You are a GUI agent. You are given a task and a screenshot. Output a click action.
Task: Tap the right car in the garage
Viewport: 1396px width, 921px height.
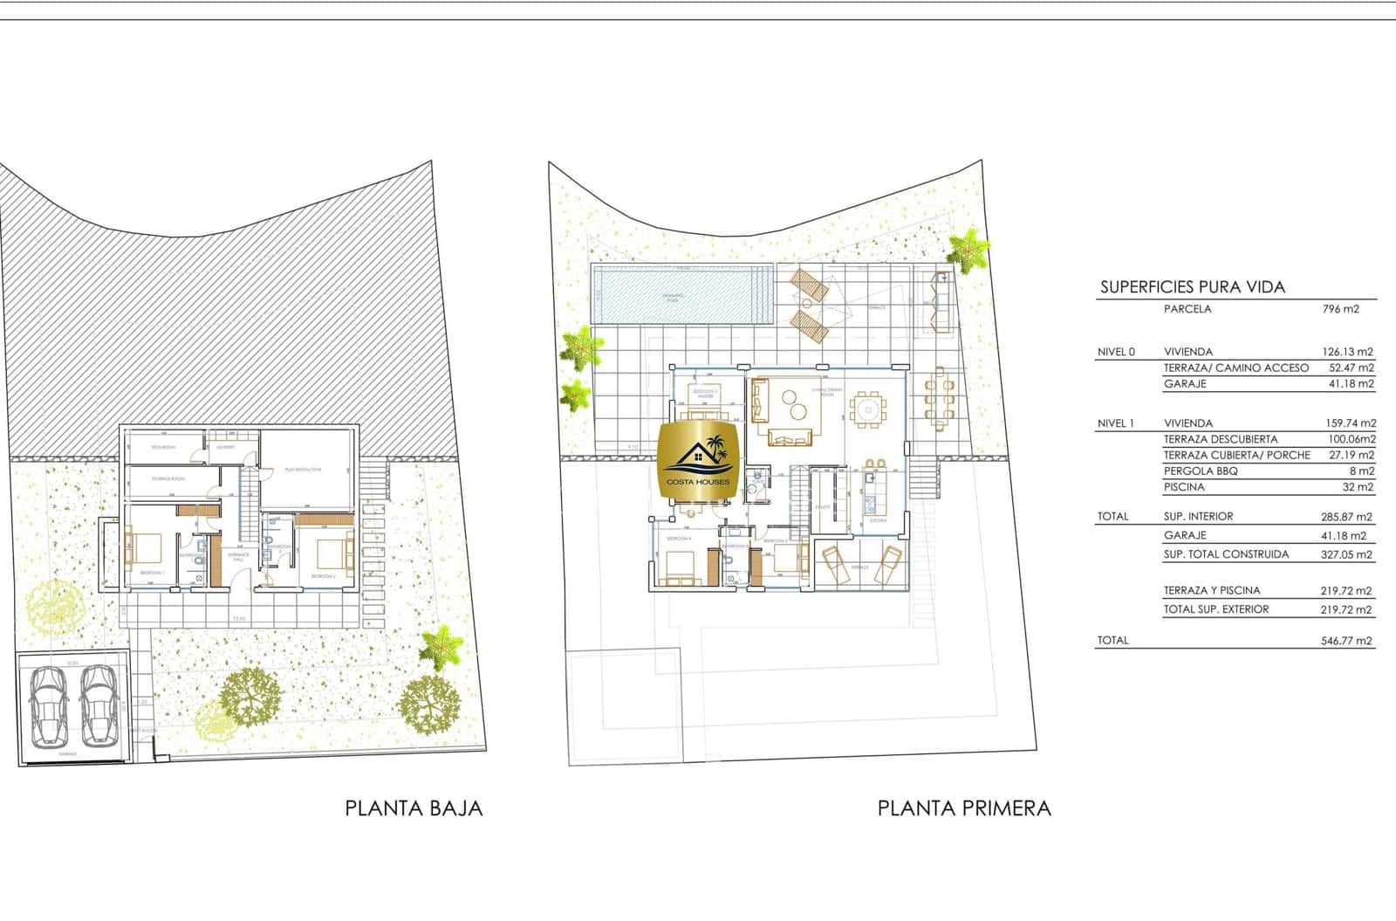click(x=98, y=705)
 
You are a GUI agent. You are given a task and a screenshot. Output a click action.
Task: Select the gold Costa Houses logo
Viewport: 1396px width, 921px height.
click(x=699, y=462)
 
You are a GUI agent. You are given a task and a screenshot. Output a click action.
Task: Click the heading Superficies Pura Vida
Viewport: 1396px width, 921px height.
click(x=1192, y=287)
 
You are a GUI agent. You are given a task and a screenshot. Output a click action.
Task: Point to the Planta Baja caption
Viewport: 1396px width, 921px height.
click(x=414, y=808)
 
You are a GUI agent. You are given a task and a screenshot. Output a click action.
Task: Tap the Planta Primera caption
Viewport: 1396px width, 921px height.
click(x=964, y=808)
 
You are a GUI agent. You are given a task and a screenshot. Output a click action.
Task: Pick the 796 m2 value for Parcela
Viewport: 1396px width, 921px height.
click(x=1341, y=309)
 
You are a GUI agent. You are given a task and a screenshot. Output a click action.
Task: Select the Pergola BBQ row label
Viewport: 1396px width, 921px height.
click(x=1201, y=471)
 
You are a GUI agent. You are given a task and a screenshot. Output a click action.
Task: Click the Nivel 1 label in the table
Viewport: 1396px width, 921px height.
click(x=1116, y=423)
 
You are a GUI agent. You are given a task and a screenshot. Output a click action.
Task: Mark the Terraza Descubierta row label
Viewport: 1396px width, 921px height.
click(x=1220, y=439)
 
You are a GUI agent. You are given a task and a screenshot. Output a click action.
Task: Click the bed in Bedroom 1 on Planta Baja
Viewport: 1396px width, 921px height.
click(x=146, y=548)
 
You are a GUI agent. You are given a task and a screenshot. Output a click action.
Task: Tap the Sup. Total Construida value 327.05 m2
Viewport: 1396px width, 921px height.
click(x=1344, y=554)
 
